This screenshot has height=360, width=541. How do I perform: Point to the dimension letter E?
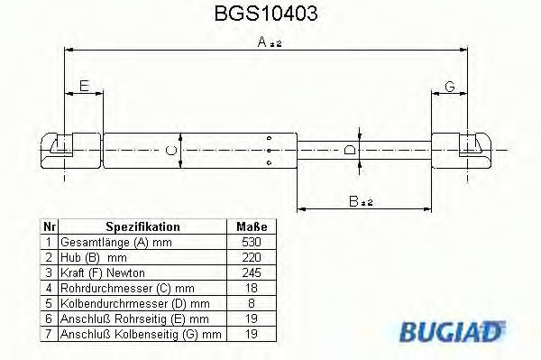coord(84,86)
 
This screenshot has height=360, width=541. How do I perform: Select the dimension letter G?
coord(449,86)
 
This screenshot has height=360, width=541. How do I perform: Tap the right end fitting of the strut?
coord(462,148)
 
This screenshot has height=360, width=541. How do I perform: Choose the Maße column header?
coord(250,227)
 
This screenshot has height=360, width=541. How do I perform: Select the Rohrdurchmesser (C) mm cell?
coord(120,288)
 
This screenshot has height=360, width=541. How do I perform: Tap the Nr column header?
coord(50,227)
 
